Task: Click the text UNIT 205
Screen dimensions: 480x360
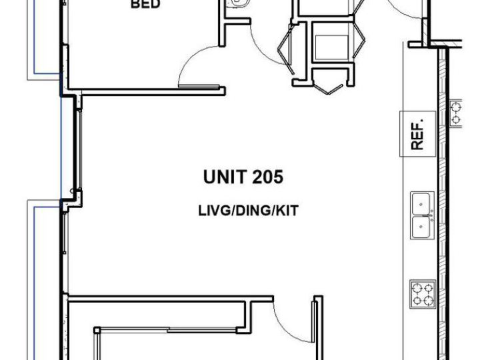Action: point(243,177)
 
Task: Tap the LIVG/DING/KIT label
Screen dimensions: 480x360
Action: point(248,211)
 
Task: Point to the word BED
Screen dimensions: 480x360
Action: point(145,4)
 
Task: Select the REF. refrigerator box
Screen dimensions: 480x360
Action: point(418,134)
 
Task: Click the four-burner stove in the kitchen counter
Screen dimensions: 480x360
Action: point(423,294)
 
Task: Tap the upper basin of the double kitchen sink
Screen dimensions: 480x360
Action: point(421,204)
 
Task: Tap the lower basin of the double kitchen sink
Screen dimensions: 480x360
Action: point(421,227)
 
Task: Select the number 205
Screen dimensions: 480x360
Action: point(268,177)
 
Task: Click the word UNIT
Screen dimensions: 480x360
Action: point(225,177)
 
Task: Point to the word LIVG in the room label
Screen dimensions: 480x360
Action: point(215,211)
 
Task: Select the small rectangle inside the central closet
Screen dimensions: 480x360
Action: point(331,47)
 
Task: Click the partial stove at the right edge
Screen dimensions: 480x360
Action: point(456,113)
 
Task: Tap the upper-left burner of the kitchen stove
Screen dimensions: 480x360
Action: point(417,288)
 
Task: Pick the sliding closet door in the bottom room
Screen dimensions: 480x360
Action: point(168,330)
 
